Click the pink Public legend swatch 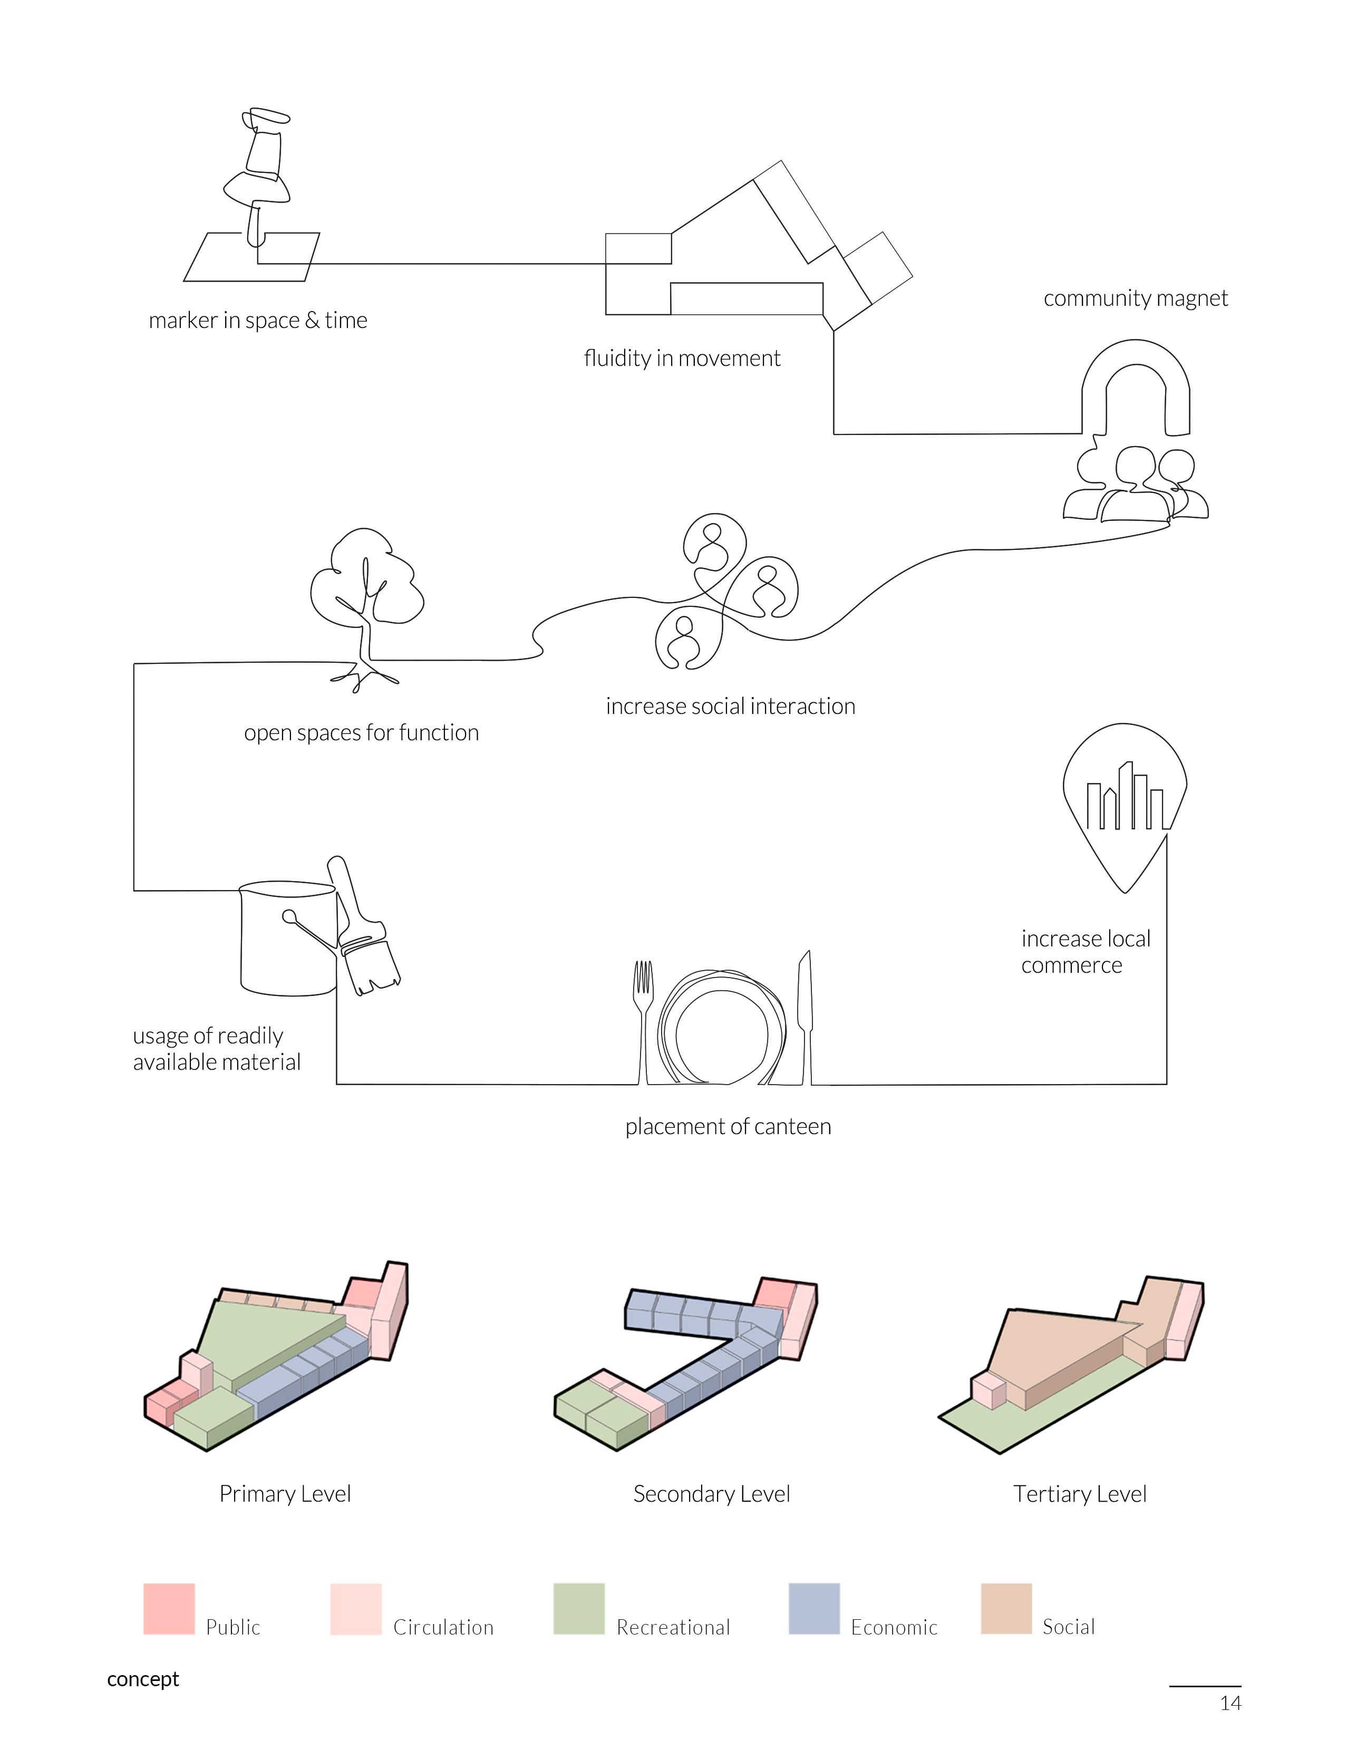pyautogui.click(x=169, y=1609)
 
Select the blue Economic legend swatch pyautogui.click(x=813, y=1609)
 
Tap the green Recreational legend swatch pyautogui.click(x=578, y=1609)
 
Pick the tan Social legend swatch pyautogui.click(x=1006, y=1609)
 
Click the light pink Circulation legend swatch pyautogui.click(x=355, y=1609)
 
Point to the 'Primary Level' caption pyautogui.click(x=285, y=1494)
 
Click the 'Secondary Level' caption pyautogui.click(x=711, y=1494)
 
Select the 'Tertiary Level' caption pyautogui.click(x=1079, y=1494)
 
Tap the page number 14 pyautogui.click(x=1230, y=1703)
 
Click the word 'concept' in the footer pyautogui.click(x=143, y=1679)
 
